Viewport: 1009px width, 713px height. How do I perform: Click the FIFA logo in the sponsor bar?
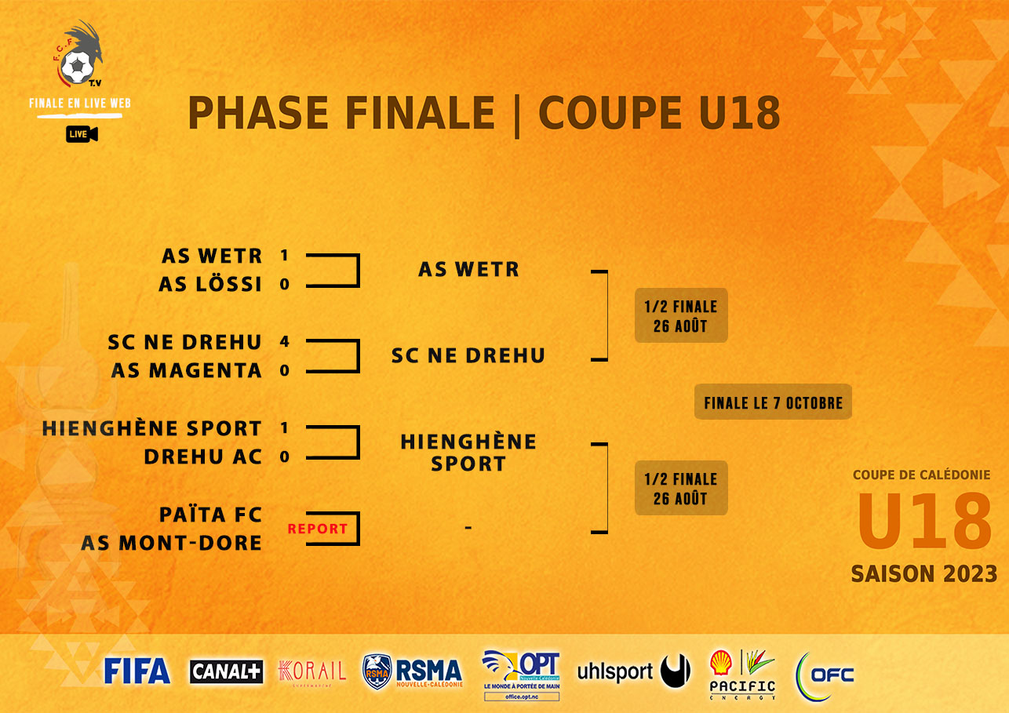137,671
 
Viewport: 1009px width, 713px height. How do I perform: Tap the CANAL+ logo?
226,671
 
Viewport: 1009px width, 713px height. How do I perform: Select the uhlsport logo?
633,671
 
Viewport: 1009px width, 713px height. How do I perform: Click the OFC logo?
825,674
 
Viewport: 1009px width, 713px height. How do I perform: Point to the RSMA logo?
413,672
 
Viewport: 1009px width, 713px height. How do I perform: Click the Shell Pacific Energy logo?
742,674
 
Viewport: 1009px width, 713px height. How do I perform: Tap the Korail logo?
312,671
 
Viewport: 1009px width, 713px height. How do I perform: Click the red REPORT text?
317,529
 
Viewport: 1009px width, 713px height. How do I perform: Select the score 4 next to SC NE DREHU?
284,342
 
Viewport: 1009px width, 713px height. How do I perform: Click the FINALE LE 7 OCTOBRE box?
773,403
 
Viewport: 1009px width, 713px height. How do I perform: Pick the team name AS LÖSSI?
210,284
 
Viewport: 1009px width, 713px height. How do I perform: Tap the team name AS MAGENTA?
186,370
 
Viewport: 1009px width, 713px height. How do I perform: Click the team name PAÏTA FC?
210,515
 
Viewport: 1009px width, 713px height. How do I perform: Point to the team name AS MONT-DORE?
171,543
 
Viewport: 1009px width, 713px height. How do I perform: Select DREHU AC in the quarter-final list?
202,457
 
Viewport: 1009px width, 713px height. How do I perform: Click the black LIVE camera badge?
82,134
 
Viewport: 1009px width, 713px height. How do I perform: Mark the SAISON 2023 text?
923,573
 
